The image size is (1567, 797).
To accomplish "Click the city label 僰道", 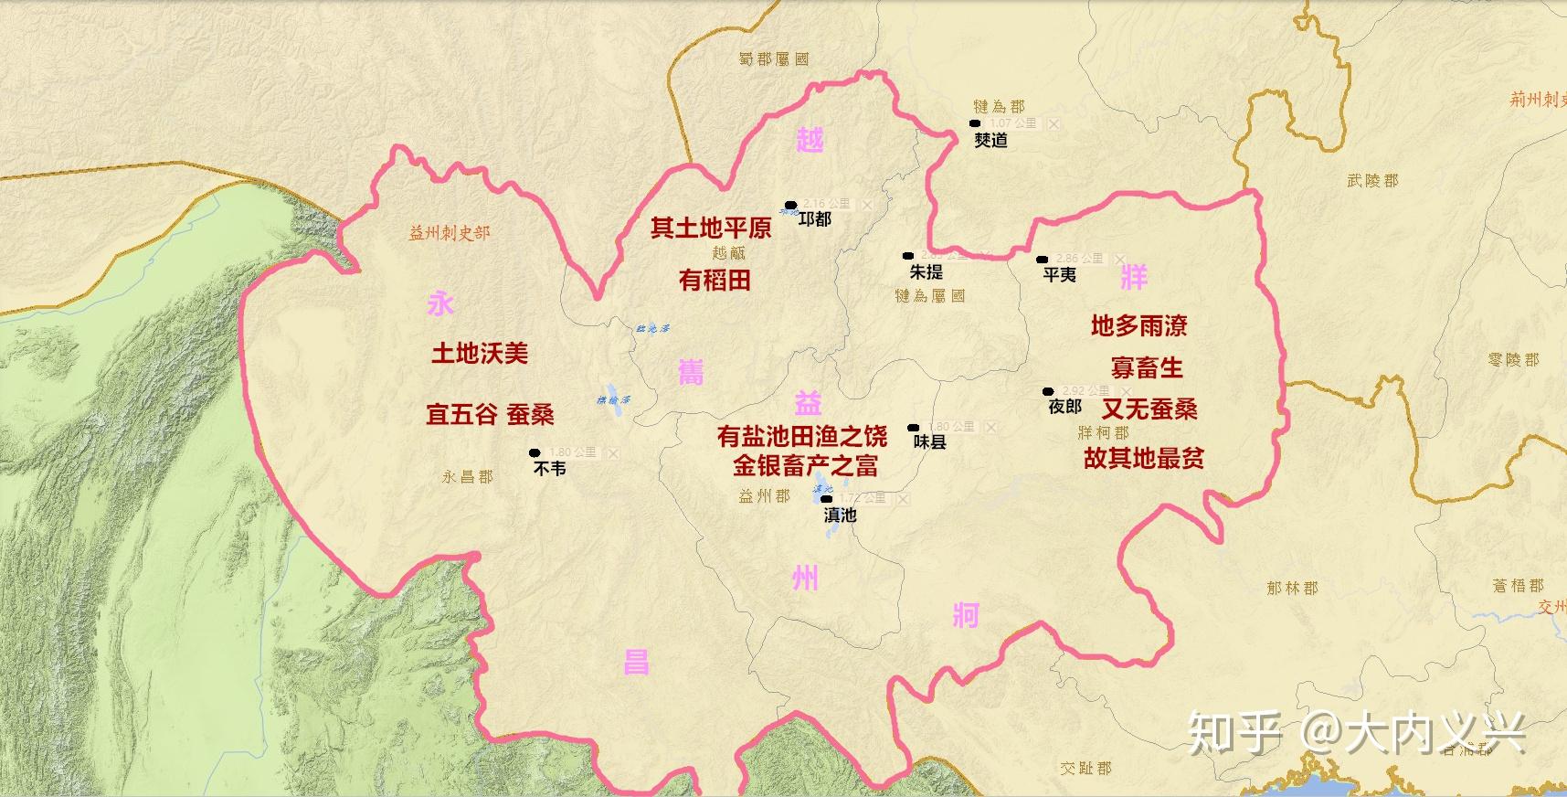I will tap(990, 140).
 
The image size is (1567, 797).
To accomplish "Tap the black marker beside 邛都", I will tap(790, 206).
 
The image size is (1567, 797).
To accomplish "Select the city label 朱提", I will tap(926, 272).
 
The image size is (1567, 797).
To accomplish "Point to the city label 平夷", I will tap(1059, 274).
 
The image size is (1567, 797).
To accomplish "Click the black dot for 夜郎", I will tap(1048, 391).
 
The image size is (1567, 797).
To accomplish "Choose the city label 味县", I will tap(929, 441).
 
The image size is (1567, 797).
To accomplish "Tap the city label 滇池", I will tap(840, 515).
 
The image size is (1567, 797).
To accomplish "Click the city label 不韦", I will tap(549, 468).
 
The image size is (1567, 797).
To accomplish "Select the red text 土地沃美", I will tap(480, 353).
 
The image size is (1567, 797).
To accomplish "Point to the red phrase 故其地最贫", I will tap(1143, 458).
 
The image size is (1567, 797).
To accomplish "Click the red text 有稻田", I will tap(715, 280).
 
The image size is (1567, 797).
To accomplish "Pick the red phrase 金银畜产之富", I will tap(805, 466).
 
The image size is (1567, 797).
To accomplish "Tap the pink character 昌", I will tap(636, 662).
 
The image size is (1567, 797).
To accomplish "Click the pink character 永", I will tap(440, 303).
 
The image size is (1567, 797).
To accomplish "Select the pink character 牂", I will tap(1133, 277).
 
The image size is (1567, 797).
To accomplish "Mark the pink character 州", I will tap(805, 578).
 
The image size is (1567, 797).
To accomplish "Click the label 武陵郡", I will tap(1372, 181).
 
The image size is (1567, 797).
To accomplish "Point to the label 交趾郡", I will tap(1085, 769).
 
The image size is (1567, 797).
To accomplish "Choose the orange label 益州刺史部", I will tap(450, 233).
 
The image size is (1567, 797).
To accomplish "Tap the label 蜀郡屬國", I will tap(774, 59).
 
